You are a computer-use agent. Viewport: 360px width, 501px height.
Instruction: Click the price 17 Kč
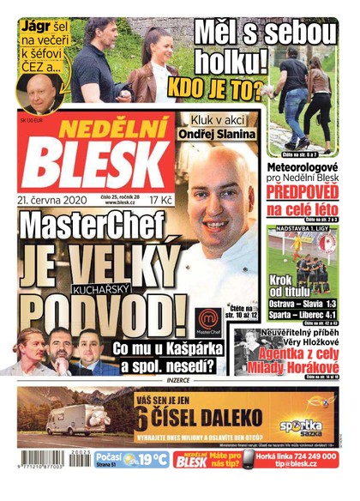pyautogui.click(x=160, y=199)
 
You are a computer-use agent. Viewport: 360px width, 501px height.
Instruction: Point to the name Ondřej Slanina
pyautogui.click(x=216, y=135)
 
